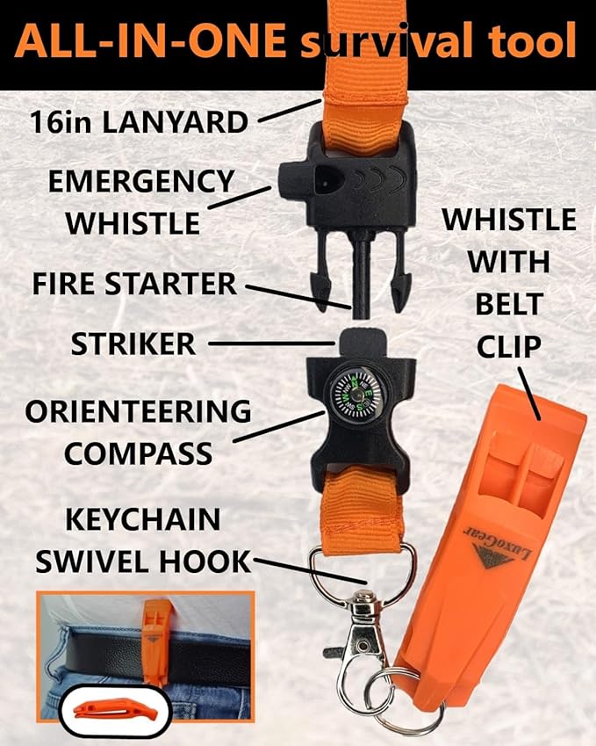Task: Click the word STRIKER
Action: (133, 344)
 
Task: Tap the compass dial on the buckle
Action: (356, 394)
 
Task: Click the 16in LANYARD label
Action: (139, 122)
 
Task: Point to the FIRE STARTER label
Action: (134, 284)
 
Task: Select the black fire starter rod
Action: (360, 279)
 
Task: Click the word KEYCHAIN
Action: (142, 519)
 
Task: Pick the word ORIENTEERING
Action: (138, 411)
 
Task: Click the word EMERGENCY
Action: (141, 181)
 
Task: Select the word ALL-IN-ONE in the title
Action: (150, 40)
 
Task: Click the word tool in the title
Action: (530, 40)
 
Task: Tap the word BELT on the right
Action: (509, 305)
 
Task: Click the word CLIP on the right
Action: (509, 347)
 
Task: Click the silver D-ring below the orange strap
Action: (362, 573)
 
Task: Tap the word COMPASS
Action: (139, 453)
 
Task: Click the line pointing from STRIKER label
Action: (272, 343)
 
